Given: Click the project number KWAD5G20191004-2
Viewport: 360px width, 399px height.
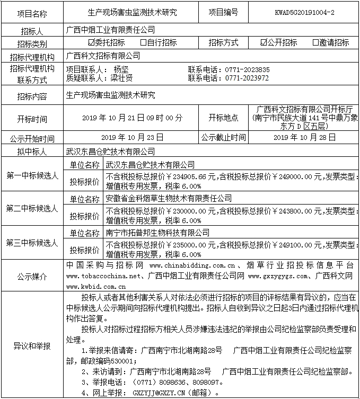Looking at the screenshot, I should (x=305, y=11).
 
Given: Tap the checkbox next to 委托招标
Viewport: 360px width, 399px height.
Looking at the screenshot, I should (x=92, y=42).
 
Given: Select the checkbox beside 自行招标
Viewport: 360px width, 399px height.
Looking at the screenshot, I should (x=144, y=42).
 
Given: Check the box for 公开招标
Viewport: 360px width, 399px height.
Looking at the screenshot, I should (x=264, y=42).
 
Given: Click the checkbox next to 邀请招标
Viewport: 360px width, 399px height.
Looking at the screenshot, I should (x=316, y=42).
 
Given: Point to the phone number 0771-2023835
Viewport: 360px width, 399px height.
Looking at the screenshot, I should (x=247, y=69).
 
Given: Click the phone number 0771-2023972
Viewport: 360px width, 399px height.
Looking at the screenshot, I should (x=247, y=78).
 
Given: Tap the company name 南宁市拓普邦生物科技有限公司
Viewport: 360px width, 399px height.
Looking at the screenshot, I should (x=157, y=233).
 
